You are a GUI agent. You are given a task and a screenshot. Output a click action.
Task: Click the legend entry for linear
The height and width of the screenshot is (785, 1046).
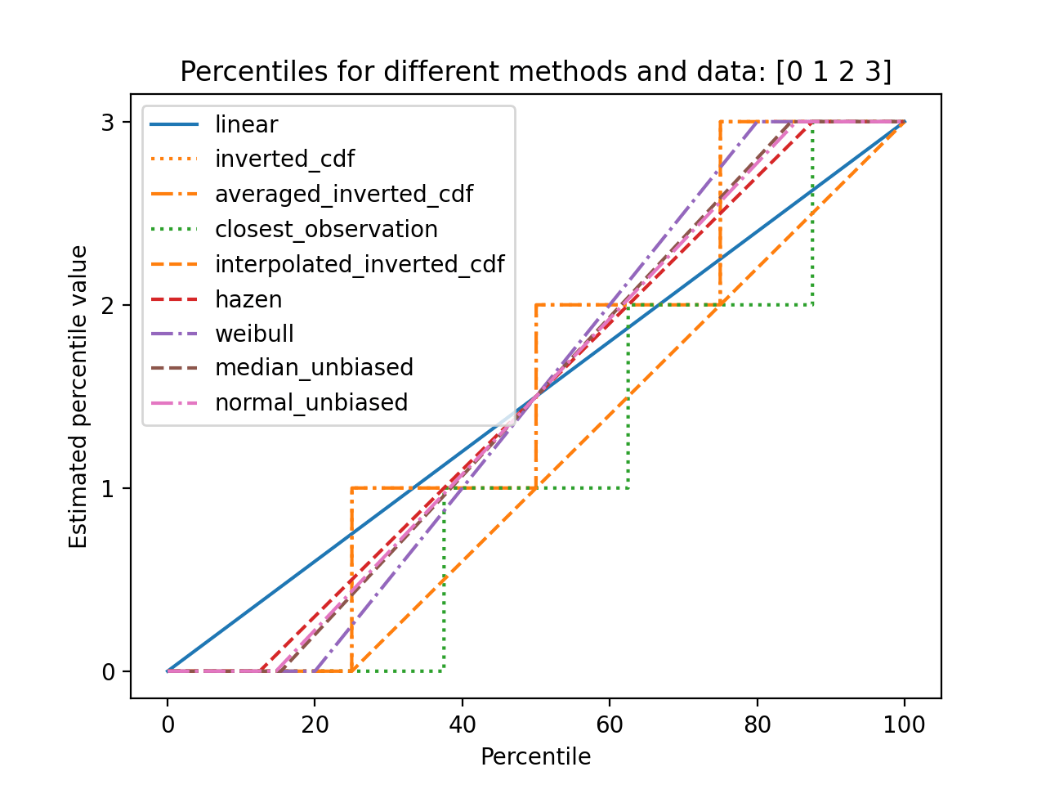(246, 124)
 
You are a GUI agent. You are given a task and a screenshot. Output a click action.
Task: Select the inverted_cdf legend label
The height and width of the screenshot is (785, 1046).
(284, 159)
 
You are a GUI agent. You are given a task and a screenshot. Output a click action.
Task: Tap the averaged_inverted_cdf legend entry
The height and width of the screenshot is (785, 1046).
(343, 194)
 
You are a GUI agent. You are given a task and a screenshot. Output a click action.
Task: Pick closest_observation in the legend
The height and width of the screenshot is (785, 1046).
(326, 229)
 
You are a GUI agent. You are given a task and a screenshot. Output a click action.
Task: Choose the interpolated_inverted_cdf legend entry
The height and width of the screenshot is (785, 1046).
(360, 264)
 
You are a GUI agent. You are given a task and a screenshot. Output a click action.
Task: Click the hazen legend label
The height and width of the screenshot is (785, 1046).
(248, 299)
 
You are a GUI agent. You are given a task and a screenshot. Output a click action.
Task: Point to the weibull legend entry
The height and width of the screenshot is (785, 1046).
(254, 334)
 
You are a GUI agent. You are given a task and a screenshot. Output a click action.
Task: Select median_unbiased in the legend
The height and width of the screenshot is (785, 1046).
(314, 368)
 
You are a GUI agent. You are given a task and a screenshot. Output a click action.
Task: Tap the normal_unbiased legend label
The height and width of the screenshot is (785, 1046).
(311, 403)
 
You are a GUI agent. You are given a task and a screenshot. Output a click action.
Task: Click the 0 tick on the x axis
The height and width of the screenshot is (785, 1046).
(168, 724)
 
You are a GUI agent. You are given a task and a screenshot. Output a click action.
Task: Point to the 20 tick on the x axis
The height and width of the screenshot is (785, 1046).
(315, 724)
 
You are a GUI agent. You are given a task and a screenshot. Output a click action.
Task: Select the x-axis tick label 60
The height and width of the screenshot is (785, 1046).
(610, 724)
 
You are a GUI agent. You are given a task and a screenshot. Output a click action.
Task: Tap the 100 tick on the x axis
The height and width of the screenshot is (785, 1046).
(904, 724)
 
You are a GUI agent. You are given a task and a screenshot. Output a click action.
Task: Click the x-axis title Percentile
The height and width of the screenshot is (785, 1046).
(535, 757)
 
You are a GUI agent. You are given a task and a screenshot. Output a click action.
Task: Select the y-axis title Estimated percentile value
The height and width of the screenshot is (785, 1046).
(78, 397)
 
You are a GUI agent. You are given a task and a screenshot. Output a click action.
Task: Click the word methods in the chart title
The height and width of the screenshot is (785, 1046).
(554, 72)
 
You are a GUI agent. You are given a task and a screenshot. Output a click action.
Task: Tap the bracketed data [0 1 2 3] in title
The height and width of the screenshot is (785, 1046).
(834, 72)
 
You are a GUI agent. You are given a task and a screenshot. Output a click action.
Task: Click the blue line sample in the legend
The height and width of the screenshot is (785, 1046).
(175, 124)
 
